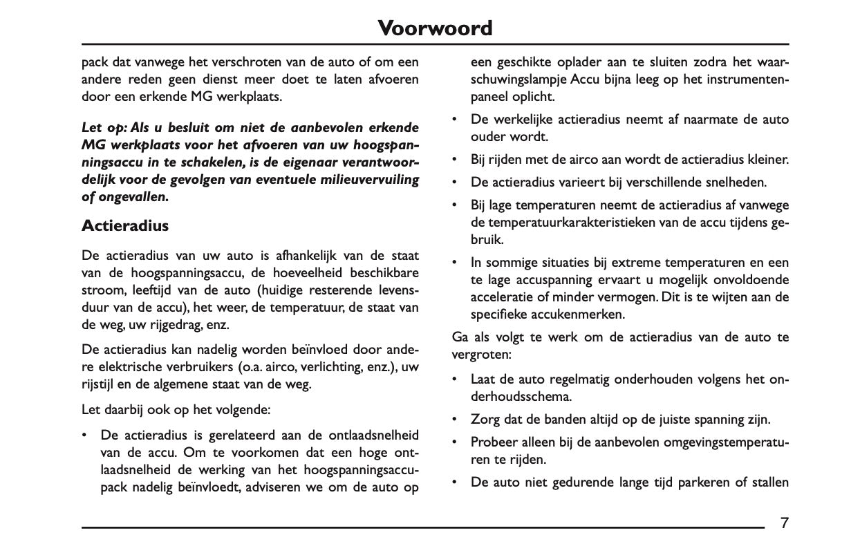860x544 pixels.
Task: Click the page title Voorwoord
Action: point(436,28)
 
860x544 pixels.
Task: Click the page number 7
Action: point(784,523)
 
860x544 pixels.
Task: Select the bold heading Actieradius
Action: point(125,225)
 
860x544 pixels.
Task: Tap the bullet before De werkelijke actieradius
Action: point(454,120)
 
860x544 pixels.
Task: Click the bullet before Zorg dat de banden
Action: point(454,420)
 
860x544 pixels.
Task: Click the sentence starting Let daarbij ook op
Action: point(176,410)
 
